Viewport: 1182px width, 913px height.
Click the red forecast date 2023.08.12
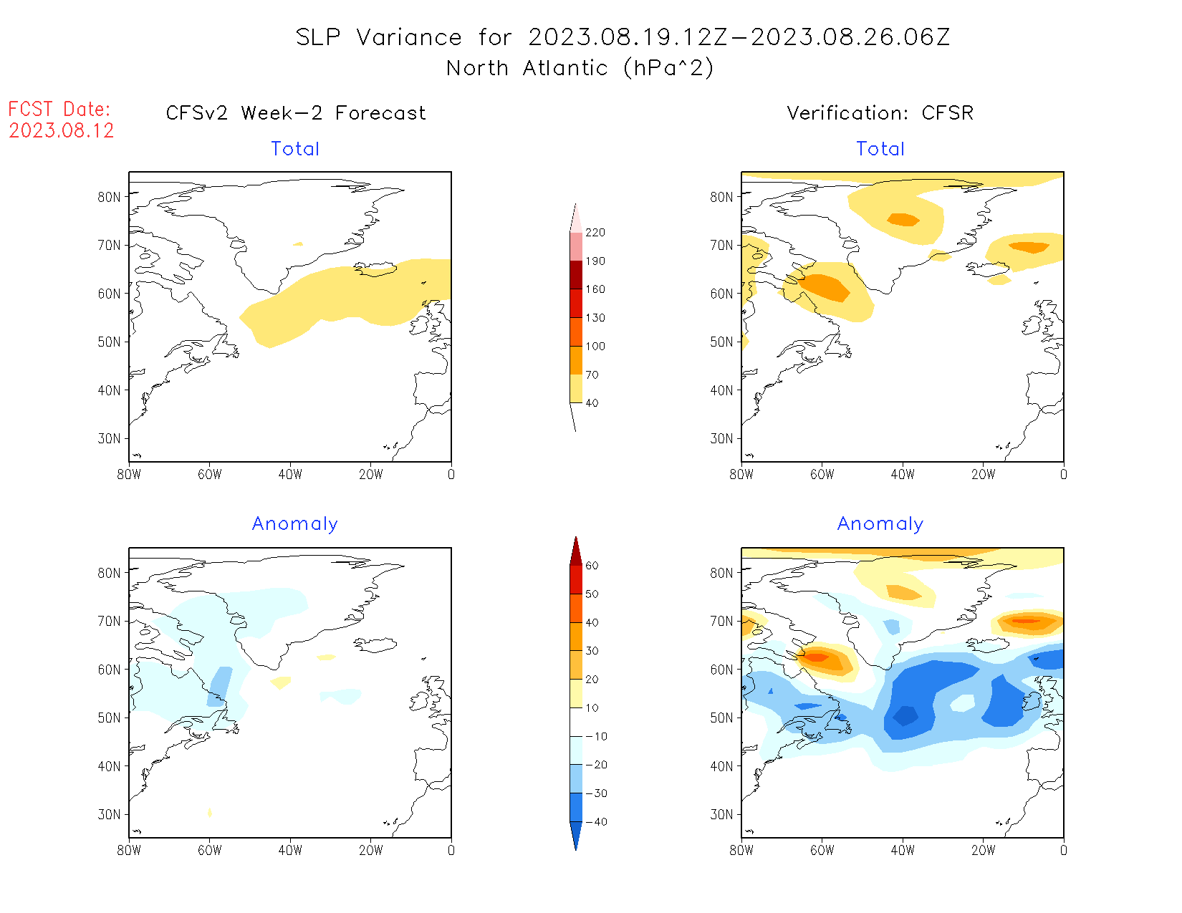pos(62,130)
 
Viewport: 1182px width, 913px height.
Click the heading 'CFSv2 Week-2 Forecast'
pos(296,113)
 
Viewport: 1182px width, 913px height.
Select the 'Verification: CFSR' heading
pos(880,113)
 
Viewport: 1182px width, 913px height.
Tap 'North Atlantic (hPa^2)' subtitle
pos(580,68)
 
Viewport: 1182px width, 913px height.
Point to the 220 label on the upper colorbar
pos(595,233)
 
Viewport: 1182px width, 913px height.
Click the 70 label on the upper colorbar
pos(592,375)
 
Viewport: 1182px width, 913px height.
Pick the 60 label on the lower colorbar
pos(592,566)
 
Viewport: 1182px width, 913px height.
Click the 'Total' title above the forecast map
pos(295,149)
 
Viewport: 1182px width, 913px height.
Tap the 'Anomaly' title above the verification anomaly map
pos(880,524)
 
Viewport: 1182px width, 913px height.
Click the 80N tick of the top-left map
pos(110,197)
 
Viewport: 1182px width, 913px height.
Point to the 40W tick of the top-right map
pos(903,474)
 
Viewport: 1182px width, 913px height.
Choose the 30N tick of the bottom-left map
pos(110,815)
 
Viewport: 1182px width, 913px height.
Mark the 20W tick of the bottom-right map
pos(983,851)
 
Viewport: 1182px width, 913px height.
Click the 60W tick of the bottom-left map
pos(209,851)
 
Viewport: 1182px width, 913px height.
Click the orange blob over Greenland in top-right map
pos(903,219)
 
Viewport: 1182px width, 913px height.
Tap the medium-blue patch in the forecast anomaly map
pos(220,686)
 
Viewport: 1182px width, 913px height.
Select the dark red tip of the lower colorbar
pos(575,551)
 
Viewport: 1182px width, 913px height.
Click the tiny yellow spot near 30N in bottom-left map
pos(209,812)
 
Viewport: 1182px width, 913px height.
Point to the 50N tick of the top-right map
pos(722,342)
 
